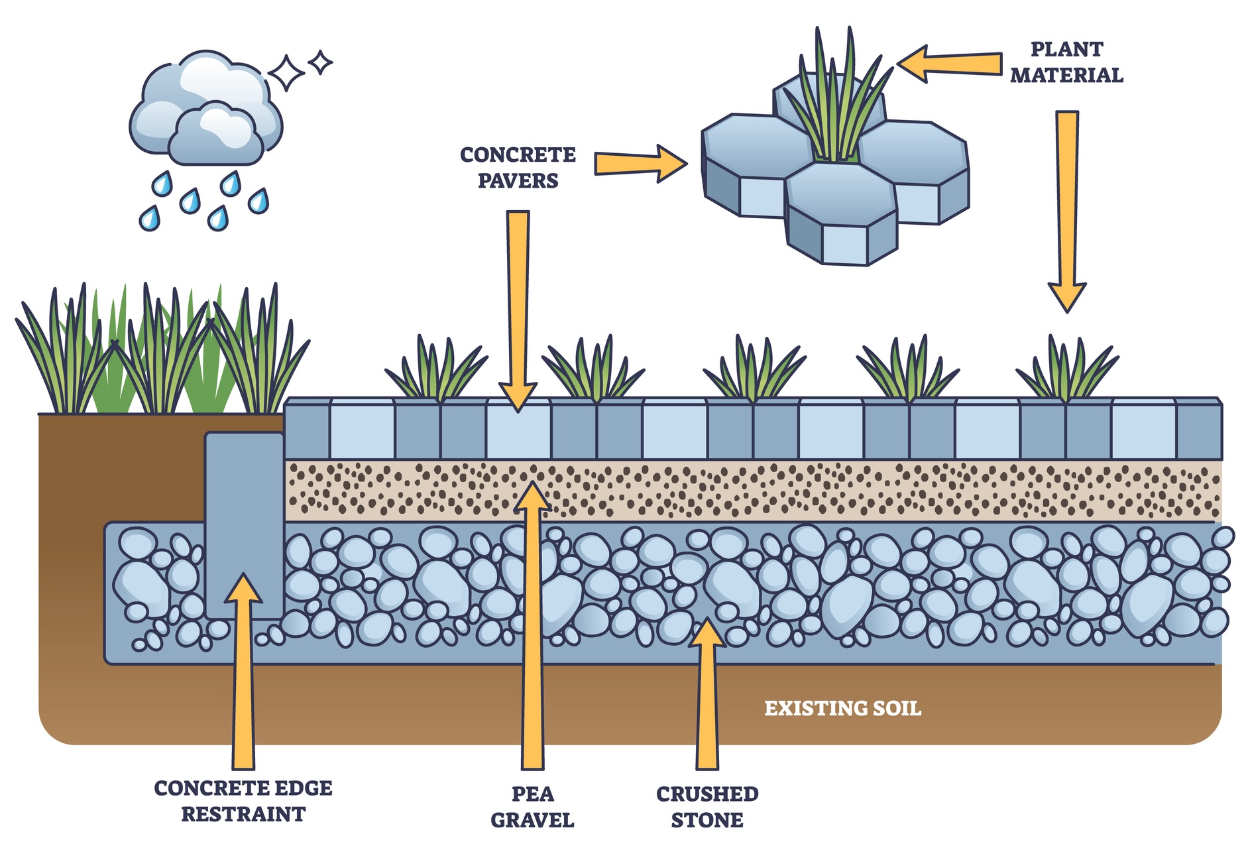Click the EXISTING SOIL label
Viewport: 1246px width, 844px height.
click(x=842, y=708)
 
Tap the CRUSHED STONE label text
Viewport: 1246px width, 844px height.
click(x=707, y=807)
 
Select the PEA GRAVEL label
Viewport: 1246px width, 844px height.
click(x=532, y=807)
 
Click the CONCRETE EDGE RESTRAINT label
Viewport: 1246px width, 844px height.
click(x=243, y=801)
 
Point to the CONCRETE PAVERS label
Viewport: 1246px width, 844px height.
click(x=518, y=168)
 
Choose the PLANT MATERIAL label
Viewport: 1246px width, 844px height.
click(x=1066, y=62)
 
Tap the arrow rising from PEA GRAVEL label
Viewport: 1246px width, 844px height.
click(x=532, y=630)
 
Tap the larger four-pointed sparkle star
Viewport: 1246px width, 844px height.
click(x=286, y=73)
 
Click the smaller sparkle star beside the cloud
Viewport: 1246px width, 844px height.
click(x=321, y=62)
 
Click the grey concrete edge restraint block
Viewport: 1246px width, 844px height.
click(x=244, y=524)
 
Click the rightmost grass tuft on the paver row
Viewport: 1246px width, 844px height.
click(x=1066, y=371)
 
